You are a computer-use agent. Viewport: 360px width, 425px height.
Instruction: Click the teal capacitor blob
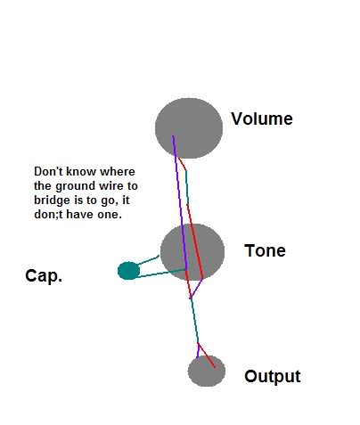click(128, 271)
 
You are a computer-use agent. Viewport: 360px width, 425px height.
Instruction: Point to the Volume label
click(262, 119)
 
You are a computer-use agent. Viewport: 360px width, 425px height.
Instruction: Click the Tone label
click(265, 250)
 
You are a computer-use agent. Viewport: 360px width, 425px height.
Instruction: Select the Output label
click(273, 376)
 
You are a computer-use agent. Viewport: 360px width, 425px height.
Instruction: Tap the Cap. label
click(44, 275)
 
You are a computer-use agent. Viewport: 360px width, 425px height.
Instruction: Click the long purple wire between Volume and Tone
click(180, 203)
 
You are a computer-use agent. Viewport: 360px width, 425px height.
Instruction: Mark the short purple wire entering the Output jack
click(198, 351)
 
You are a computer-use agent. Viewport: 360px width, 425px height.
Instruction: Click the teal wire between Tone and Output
click(194, 321)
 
